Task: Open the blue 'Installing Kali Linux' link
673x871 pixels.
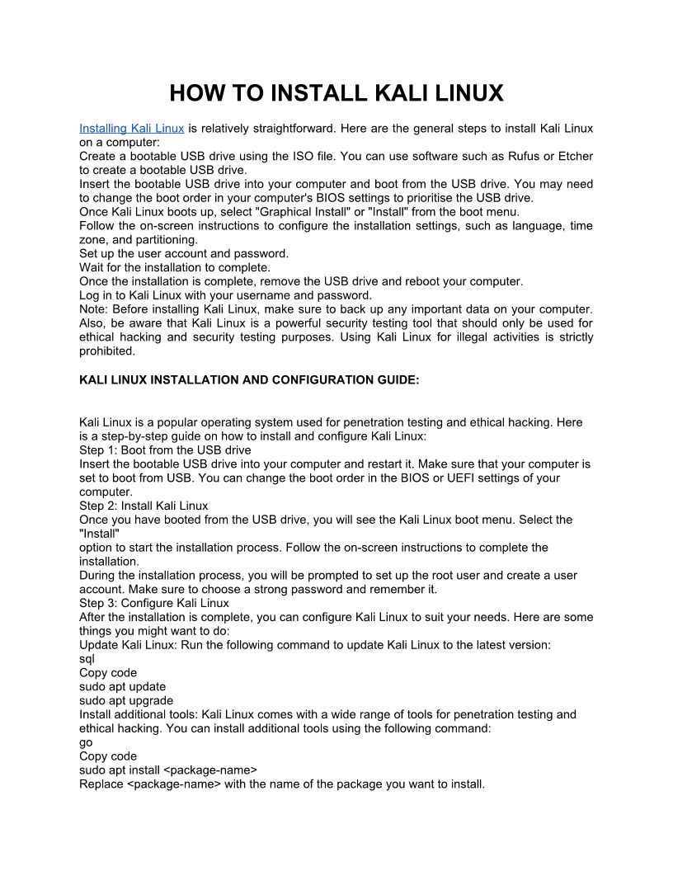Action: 131,129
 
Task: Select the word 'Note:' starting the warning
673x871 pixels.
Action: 94,309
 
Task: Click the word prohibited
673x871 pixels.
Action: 106,351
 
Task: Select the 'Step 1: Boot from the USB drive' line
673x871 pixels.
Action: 165,450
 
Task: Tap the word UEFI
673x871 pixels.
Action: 449,478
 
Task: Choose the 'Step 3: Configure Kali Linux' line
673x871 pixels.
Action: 154,603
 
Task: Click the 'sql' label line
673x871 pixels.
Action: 87,659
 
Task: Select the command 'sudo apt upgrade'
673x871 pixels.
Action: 126,701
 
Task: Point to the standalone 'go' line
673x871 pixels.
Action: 86,742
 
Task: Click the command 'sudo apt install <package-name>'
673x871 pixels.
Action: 168,770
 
